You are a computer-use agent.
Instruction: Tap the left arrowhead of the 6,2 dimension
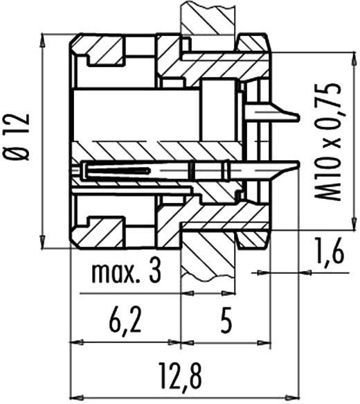point(76,342)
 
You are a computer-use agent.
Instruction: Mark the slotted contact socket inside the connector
point(114,169)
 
